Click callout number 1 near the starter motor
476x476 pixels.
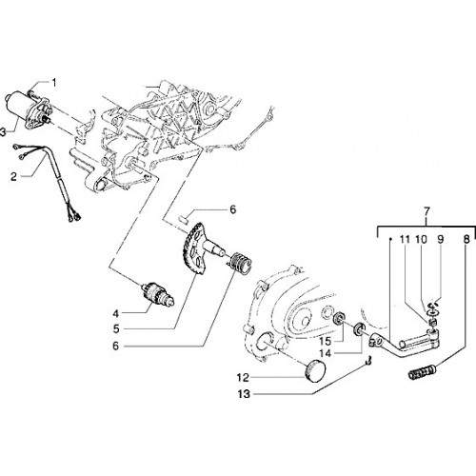54,83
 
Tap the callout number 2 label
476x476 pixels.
13,176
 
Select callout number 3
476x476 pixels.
3,132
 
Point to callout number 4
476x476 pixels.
116,313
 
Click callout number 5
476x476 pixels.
116,329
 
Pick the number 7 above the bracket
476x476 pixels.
426,210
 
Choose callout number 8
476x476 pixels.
466,239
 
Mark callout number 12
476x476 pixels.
243,378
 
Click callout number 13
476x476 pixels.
244,394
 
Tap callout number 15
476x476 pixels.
326,342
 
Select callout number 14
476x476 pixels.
325,353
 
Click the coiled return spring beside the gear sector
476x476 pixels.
241,263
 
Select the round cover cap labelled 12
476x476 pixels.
315,370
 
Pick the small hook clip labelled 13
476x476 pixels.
367,361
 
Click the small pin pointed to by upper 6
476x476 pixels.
184,219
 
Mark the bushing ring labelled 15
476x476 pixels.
340,318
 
